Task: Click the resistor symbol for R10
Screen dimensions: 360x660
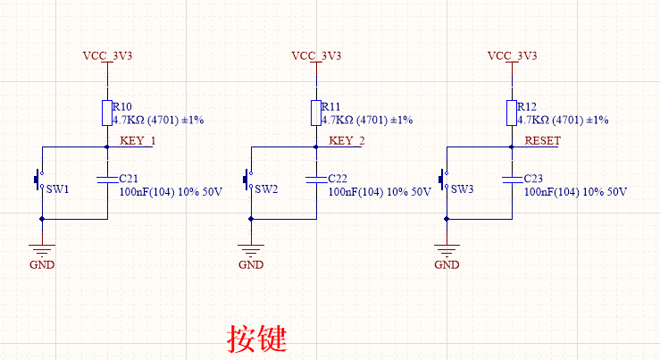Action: [106, 113]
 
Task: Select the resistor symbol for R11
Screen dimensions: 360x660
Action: [315, 113]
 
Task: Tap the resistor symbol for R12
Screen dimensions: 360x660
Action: [512, 113]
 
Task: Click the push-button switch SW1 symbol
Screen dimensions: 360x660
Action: [39, 180]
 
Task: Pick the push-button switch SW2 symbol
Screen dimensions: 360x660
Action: [249, 180]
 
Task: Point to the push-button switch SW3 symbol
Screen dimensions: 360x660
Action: [445, 180]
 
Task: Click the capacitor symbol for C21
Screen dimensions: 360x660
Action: [106, 180]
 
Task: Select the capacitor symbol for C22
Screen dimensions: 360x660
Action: [315, 180]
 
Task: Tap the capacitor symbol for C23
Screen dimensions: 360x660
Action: [512, 180]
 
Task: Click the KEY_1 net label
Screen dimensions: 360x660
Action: [138, 141]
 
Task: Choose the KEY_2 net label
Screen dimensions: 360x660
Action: [347, 141]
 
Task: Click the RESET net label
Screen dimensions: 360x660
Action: [542, 141]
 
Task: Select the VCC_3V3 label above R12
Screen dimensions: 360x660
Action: [512, 55]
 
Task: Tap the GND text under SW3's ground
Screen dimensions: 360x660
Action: [447, 265]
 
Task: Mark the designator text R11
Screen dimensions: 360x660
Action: [330, 105]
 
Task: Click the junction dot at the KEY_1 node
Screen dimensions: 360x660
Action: [106, 147]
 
